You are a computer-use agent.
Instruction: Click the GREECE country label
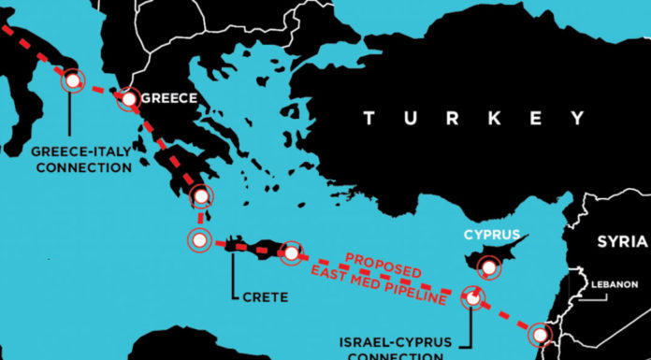[x=170, y=96]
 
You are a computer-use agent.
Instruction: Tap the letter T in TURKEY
[x=370, y=118]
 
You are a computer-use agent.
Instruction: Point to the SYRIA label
[x=622, y=242]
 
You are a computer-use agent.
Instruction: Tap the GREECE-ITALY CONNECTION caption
[x=81, y=159]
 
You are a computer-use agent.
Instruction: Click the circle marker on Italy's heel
[x=71, y=80]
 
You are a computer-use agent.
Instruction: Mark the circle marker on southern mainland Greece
[x=200, y=195]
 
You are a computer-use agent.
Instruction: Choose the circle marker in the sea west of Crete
[x=198, y=239]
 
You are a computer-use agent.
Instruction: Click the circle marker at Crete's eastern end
[x=292, y=252]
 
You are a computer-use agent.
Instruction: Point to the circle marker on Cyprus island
[x=487, y=268]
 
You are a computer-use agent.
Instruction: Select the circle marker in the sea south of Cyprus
[x=473, y=298]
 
